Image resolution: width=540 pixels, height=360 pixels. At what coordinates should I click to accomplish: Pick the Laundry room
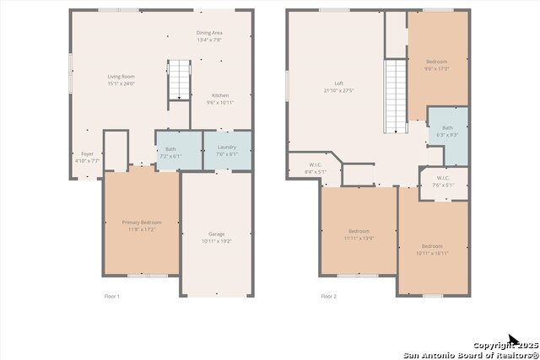pyautogui.click(x=226, y=150)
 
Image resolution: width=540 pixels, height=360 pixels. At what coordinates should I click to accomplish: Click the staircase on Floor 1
pyautogui.click(x=180, y=80)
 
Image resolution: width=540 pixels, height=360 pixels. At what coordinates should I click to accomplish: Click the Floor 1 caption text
pyautogui.click(x=112, y=297)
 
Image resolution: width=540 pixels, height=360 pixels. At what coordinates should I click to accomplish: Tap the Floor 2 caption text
pyautogui.click(x=328, y=297)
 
